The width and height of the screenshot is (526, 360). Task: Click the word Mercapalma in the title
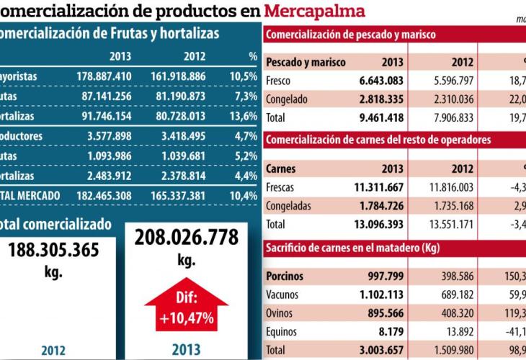point(314,11)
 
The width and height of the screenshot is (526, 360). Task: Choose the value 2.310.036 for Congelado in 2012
point(450,99)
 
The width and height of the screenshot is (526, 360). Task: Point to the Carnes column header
point(281,169)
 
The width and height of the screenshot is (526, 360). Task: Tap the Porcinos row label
point(285,276)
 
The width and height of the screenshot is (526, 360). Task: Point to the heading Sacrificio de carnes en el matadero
point(352,248)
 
